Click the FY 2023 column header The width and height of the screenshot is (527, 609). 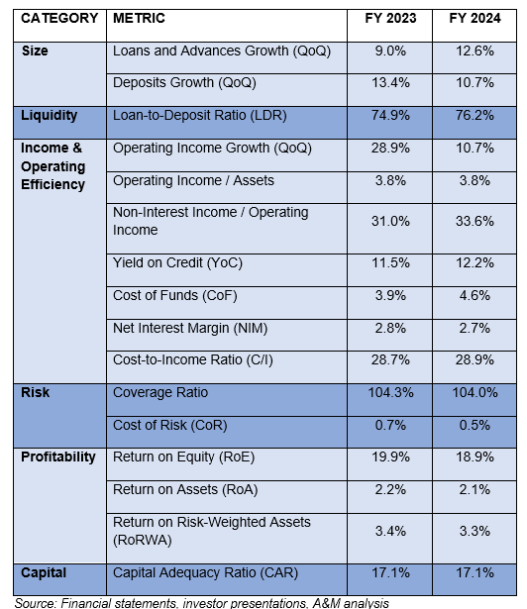coord(390,18)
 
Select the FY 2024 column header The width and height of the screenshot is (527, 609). coord(474,18)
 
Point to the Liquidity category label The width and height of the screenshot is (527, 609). coord(49,115)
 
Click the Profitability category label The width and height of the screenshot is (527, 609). coord(58,457)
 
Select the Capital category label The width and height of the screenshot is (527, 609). coord(44,573)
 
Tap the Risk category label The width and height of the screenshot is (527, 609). coord(36,392)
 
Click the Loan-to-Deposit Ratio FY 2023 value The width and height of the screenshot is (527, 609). coord(390,115)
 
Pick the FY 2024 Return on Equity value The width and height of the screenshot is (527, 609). coord(474,457)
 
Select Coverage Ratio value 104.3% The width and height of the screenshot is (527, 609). coord(390,392)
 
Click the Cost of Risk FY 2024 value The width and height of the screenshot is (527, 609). coord(474,425)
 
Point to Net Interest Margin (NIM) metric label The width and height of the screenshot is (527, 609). coord(190,328)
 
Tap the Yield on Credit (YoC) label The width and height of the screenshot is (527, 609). coord(177,263)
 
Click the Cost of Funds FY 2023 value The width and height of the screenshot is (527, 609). coord(390,295)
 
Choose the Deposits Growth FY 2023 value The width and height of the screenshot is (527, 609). coord(390,83)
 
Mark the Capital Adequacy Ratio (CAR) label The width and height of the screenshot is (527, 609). coord(206,573)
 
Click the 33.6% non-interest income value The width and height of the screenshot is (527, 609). coord(474,221)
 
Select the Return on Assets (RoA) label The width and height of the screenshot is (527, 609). coord(185,490)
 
